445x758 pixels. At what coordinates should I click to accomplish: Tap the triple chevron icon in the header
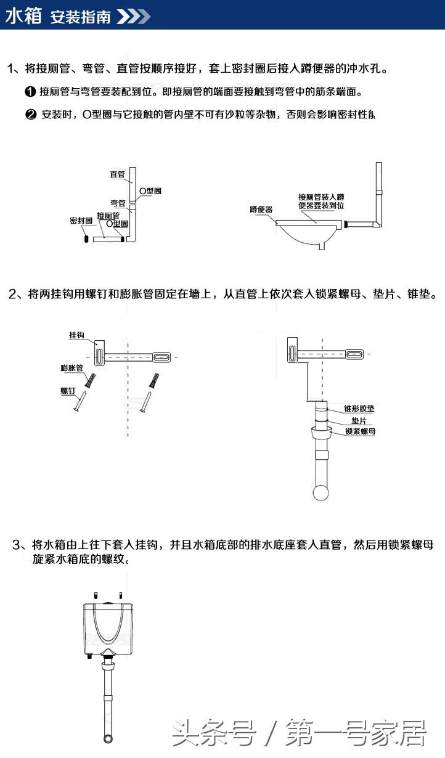point(134,17)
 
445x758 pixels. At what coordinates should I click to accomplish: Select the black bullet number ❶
point(30,92)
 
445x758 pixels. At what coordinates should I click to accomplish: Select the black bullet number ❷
point(30,115)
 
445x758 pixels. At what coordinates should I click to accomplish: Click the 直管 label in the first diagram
point(117,174)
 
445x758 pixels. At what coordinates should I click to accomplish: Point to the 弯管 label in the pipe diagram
point(117,203)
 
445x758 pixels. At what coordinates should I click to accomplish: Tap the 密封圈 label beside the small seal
point(81,221)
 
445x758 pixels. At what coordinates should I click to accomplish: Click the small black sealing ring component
point(86,237)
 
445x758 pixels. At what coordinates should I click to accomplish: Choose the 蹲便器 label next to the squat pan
point(261,210)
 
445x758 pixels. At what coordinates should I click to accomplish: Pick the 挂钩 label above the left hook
point(76,335)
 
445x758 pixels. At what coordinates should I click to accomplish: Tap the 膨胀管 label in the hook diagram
point(71,368)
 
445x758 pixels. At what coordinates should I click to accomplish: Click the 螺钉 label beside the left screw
point(67,391)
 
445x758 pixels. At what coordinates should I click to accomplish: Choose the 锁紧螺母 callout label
point(360,431)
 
